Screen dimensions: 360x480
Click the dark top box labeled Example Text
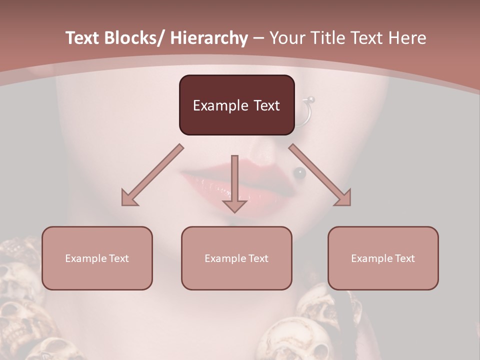click(x=236, y=105)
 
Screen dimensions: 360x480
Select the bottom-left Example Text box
click(x=97, y=258)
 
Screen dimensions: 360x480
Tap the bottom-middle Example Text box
click(x=236, y=258)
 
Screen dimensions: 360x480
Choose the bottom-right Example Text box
click(x=383, y=258)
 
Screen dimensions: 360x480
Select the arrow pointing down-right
click(x=320, y=175)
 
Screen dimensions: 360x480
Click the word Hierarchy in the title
click(x=209, y=38)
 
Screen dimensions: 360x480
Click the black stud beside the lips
click(x=299, y=173)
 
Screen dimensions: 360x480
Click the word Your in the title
click(x=286, y=38)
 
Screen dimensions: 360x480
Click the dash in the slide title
click(x=258, y=38)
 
